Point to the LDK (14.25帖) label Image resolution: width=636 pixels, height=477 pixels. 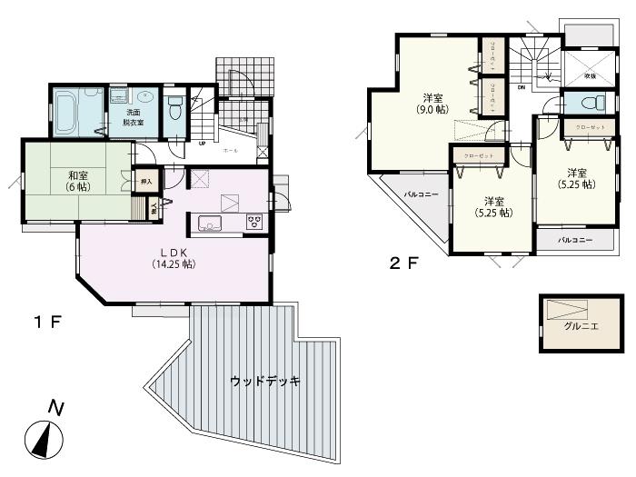point(174,258)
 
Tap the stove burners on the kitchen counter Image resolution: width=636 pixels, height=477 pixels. point(253,222)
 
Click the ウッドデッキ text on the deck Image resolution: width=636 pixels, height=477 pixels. point(265,381)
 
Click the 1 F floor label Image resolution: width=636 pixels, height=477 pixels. point(46,322)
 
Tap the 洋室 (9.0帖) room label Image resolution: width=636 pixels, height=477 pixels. point(431,103)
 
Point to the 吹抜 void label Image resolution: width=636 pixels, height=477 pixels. point(590,75)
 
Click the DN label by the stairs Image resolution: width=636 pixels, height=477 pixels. point(522,87)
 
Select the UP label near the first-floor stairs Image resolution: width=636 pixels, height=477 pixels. point(201,143)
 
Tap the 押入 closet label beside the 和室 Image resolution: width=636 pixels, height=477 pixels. point(146,182)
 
